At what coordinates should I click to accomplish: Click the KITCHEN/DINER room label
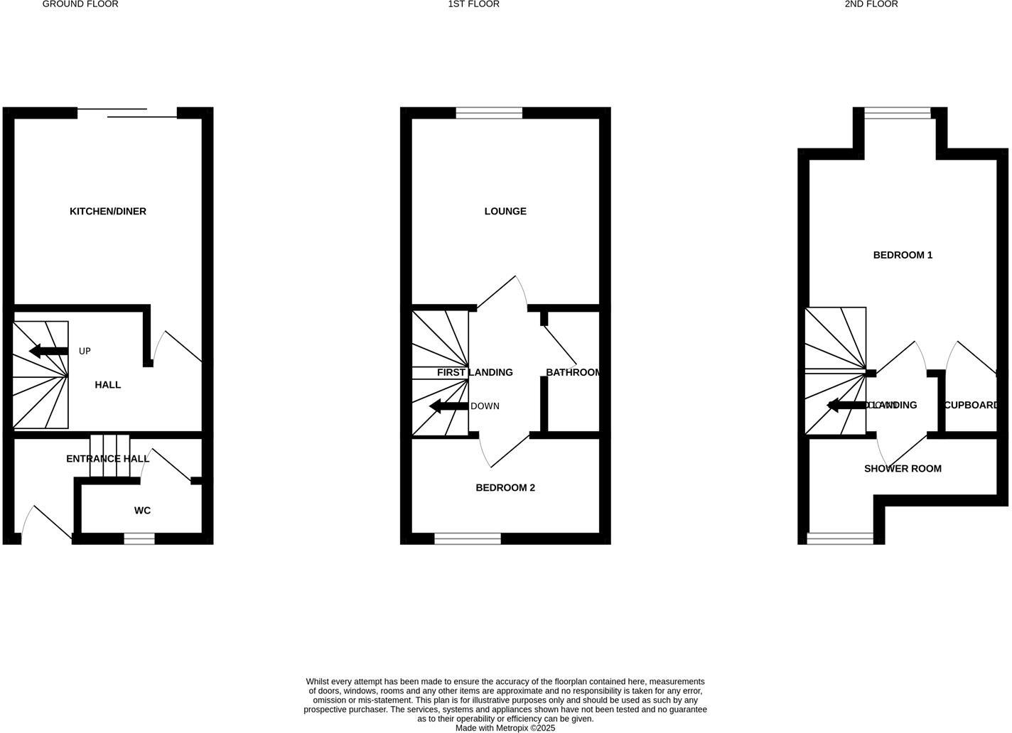[x=108, y=211]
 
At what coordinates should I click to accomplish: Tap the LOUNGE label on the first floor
[x=505, y=211]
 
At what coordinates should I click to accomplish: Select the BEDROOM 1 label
[x=903, y=255]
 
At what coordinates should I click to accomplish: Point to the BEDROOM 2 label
[x=505, y=487]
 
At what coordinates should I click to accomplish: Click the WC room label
[x=142, y=510]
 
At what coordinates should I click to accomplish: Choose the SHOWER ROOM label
[x=903, y=469]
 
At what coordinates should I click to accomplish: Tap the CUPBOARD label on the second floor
[x=971, y=405]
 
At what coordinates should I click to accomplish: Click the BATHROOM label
[x=574, y=372]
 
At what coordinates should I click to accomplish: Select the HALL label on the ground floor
[x=108, y=384]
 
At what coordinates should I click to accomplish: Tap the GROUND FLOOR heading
[x=80, y=4]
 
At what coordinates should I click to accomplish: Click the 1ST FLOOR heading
[x=473, y=4]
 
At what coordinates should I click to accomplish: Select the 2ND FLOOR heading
[x=871, y=4]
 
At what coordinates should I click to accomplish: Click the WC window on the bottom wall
[x=139, y=539]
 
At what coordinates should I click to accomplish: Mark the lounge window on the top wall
[x=489, y=113]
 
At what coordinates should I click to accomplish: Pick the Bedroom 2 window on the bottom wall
[x=468, y=539]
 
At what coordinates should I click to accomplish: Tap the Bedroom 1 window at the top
[x=898, y=113]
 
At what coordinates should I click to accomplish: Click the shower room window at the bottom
[x=841, y=539]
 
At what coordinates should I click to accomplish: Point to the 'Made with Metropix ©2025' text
[x=505, y=728]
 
